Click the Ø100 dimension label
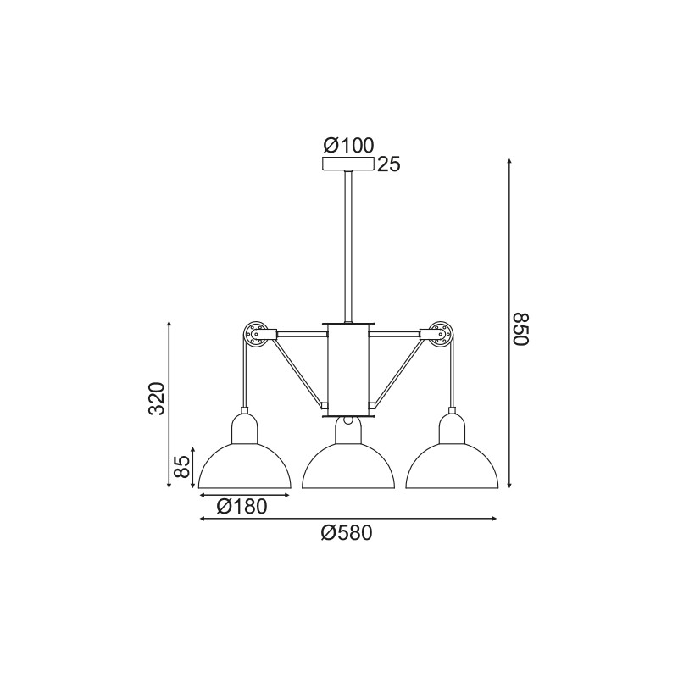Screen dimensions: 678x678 [348, 145]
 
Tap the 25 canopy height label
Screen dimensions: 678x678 [389, 164]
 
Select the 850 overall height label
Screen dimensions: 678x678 [521, 329]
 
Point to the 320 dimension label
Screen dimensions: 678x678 [156, 398]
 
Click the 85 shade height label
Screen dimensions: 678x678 [181, 466]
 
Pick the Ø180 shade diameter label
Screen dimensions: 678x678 [242, 507]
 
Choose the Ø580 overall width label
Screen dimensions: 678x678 [347, 533]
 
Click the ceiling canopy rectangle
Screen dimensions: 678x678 [348, 164]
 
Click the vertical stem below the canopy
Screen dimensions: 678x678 [348, 246]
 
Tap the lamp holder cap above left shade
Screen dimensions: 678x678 [245, 426]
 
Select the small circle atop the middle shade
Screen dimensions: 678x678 [348, 419]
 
